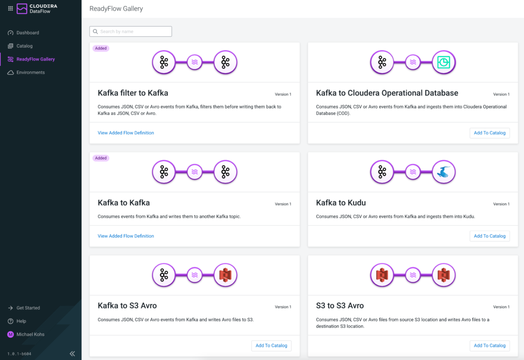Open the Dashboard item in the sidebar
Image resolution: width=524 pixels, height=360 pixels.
(x=28, y=33)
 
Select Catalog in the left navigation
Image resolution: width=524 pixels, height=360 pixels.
(x=24, y=46)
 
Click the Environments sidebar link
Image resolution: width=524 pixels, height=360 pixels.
(x=30, y=73)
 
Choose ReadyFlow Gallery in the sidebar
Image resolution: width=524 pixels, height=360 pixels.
(x=35, y=59)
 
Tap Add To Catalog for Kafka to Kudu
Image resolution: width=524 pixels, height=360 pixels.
(x=489, y=236)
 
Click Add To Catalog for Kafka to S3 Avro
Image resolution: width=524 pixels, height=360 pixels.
(x=271, y=346)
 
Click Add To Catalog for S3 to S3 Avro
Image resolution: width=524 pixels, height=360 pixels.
(x=489, y=346)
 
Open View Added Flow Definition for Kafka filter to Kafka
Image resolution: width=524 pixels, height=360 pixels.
(x=126, y=133)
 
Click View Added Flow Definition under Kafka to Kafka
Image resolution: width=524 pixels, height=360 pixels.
(x=126, y=236)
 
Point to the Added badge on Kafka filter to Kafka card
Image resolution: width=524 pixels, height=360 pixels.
(x=101, y=49)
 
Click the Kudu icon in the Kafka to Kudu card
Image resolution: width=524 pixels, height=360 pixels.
(x=443, y=172)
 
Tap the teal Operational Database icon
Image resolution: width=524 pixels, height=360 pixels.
(x=443, y=62)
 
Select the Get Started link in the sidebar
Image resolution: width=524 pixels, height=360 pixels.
(x=28, y=308)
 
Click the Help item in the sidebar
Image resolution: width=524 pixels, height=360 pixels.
(x=21, y=321)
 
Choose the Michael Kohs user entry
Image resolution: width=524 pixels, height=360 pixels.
(x=30, y=334)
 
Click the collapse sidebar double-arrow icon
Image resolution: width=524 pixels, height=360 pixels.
(x=72, y=353)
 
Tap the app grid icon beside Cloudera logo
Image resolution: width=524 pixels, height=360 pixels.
(x=10, y=8)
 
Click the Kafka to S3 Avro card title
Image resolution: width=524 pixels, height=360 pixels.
(x=127, y=306)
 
